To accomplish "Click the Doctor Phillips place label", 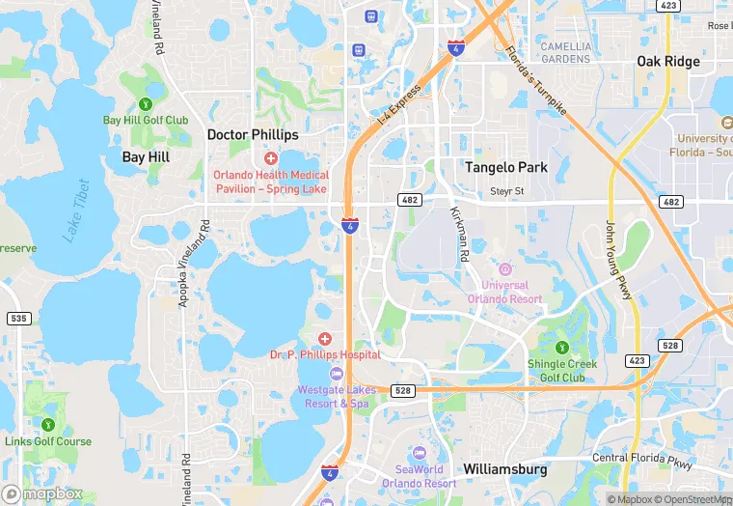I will click(x=253, y=135).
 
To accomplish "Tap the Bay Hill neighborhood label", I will click(x=146, y=156).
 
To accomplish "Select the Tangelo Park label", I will click(x=506, y=167).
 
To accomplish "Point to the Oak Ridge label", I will click(x=667, y=62).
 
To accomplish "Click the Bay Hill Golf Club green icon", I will click(x=146, y=103).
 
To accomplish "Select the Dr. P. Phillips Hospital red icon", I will click(x=325, y=338).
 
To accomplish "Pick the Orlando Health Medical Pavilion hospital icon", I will click(x=271, y=157).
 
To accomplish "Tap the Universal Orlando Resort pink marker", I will click(x=505, y=268).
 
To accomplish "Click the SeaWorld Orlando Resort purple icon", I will click(x=419, y=453).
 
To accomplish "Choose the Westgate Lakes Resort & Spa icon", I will click(x=336, y=374).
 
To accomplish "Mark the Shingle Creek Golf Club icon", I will click(x=562, y=347).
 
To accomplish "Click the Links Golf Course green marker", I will click(x=48, y=424).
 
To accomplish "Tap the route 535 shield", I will click(x=18, y=318).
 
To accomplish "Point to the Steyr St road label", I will click(x=506, y=191).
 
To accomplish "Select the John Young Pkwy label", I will click(x=617, y=260).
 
